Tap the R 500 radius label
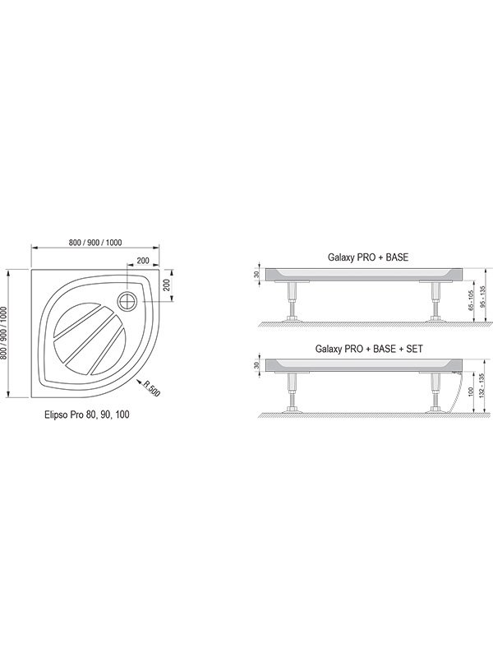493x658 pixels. tap(152, 388)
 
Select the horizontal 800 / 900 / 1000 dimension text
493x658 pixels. tap(95, 242)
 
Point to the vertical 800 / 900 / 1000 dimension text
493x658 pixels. tap(4, 333)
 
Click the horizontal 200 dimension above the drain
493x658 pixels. tap(143, 261)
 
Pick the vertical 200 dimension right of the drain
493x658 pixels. tap(166, 285)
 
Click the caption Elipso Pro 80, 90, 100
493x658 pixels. tap(87, 415)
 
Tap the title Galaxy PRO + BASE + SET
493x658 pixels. tap(369, 349)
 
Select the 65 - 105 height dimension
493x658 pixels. tap(471, 300)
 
